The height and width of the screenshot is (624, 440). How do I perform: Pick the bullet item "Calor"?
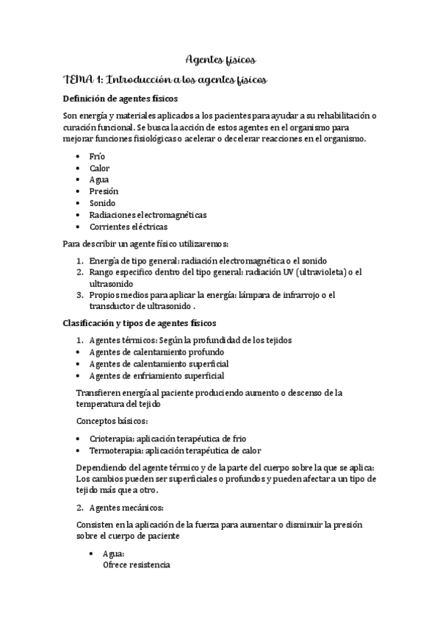99,169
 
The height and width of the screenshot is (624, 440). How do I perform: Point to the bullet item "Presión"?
104,191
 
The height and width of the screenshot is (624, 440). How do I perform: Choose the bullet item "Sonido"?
102,203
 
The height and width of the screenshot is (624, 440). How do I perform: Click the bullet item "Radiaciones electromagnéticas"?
148,215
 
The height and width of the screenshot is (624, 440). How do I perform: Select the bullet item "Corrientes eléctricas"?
128,227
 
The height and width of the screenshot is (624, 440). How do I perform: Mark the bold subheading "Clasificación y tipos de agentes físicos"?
140,323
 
